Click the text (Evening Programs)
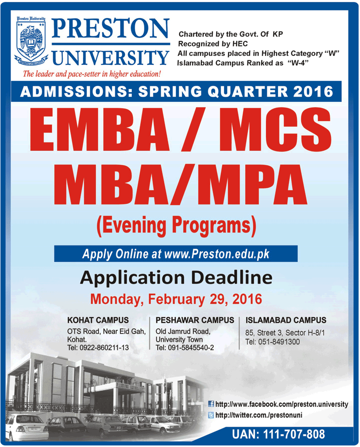click(x=176, y=226)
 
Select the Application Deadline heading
click(x=176, y=277)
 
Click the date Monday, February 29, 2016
click(x=176, y=299)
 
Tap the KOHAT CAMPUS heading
click(x=98, y=320)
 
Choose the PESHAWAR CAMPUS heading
click(x=195, y=320)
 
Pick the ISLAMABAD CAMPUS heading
click(x=286, y=320)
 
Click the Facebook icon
click(x=211, y=404)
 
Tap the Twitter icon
click(x=211, y=415)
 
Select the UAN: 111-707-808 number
click(x=278, y=434)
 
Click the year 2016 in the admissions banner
click(x=313, y=92)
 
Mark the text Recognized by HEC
click(x=213, y=44)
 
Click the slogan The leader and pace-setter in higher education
click(x=92, y=74)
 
